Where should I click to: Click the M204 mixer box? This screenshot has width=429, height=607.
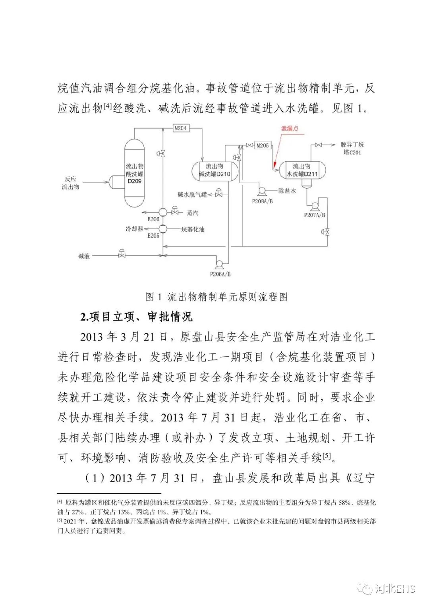point(181,128)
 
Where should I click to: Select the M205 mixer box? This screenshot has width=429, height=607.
point(263,145)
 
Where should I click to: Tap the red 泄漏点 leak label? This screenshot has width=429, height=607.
point(290,128)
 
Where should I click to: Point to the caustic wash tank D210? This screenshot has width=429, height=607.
point(215,170)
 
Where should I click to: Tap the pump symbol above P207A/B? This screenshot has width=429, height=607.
point(314,205)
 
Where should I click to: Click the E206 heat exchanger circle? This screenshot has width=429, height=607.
point(163,213)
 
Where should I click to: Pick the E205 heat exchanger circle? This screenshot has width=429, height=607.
point(163,229)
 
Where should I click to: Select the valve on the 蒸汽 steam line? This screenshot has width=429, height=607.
point(175,211)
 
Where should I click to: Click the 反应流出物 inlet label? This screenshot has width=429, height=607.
point(70,183)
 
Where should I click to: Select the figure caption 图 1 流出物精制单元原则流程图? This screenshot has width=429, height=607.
point(216,297)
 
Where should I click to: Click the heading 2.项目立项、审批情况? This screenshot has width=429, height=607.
point(136,317)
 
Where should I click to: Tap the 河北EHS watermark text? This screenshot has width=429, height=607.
point(395,588)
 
